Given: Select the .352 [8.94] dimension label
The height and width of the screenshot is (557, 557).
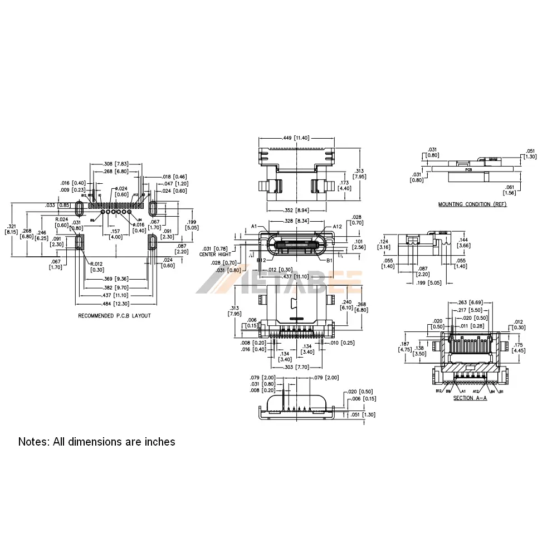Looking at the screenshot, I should pyautogui.click(x=296, y=210).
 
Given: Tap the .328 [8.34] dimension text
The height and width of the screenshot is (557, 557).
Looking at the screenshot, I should pyautogui.click(x=295, y=221).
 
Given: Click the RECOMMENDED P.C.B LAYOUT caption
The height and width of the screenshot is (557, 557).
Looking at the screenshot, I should pyautogui.click(x=114, y=315).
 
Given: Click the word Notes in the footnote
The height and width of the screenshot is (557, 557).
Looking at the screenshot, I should pyautogui.click(x=34, y=442).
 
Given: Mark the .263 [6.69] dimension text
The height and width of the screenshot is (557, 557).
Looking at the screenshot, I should pyautogui.click(x=469, y=302).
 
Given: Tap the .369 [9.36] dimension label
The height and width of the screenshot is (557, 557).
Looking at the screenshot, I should pyautogui.click(x=115, y=279).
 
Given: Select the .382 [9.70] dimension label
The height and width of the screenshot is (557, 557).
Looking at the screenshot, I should pyautogui.click(x=115, y=287).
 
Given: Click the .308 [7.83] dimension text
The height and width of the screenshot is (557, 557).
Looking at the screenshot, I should pyautogui.click(x=116, y=164).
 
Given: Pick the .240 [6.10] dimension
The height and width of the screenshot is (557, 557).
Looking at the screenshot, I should pyautogui.click(x=345, y=303).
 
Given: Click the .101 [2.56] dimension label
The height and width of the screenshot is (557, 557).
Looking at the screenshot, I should pyautogui.click(x=359, y=245).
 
